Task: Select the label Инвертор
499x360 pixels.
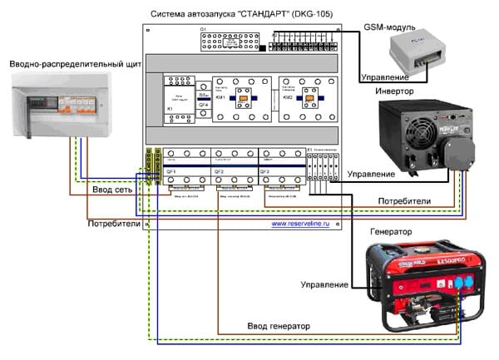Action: pyautogui.click(x=395, y=91)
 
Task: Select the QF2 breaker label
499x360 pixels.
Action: pyautogui.click(x=219, y=170)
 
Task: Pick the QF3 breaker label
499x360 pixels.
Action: pyautogui.click(x=266, y=170)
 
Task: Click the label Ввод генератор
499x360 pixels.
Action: pyautogui.click(x=275, y=326)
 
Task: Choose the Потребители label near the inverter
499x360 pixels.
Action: pyautogui.click(x=404, y=201)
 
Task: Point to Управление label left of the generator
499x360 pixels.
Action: pyautogui.click(x=325, y=284)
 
